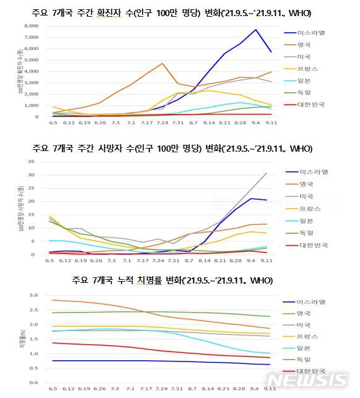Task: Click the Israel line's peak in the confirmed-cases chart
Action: click(255, 29)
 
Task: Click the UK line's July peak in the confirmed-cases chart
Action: click(162, 63)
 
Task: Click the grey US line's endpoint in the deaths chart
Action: click(266, 173)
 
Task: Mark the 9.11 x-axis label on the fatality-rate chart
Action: click(269, 389)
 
